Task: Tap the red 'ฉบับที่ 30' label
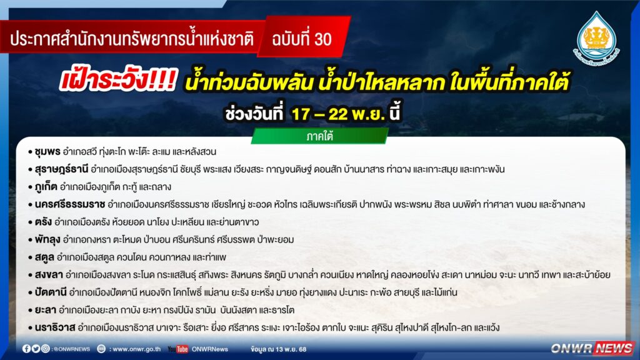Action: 302,39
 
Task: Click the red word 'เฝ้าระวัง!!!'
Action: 118,79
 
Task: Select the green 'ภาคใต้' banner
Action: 319,136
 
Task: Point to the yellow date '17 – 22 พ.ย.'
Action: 338,114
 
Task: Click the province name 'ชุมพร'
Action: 47,152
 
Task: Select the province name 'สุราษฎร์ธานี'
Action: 62,169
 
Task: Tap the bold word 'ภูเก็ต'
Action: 46,187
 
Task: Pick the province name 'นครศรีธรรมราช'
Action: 70,204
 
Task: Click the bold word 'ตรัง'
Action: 43,222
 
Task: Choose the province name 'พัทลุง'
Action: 47,239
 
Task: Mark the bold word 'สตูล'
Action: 44,257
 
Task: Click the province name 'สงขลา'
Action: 49,275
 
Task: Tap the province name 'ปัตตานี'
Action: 51,292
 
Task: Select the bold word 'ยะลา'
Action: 45,310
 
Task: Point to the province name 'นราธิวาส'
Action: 55,327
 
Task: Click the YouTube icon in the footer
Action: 178,349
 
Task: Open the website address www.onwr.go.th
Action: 137,349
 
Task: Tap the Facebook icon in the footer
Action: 26,349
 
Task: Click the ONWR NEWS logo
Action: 592,348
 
